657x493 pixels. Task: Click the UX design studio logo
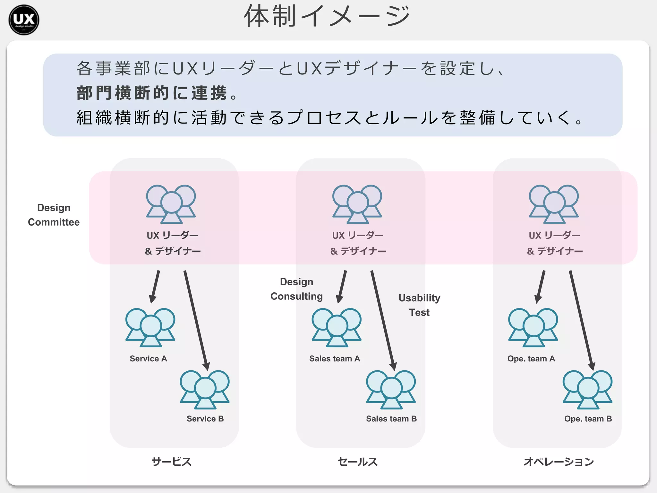pyautogui.click(x=24, y=20)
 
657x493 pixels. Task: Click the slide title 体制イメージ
pyautogui.click(x=327, y=16)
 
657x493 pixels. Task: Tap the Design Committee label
pyautogui.click(x=54, y=215)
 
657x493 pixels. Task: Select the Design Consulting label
pyautogui.click(x=296, y=289)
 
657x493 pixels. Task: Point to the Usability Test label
pyautogui.click(x=419, y=305)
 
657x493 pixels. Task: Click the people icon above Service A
pyautogui.click(x=150, y=327)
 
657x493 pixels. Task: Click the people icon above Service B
pyautogui.click(x=205, y=389)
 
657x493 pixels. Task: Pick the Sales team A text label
pyautogui.click(x=335, y=359)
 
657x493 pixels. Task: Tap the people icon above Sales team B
pyautogui.click(x=391, y=389)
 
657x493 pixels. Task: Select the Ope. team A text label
pyautogui.click(x=531, y=359)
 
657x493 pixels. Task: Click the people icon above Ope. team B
pyautogui.click(x=587, y=389)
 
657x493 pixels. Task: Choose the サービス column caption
pyautogui.click(x=171, y=462)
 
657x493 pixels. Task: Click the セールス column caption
pyautogui.click(x=357, y=462)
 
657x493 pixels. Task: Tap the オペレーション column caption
pyautogui.click(x=559, y=462)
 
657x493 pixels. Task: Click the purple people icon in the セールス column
pyautogui.click(x=357, y=204)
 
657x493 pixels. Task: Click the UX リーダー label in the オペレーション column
pyautogui.click(x=554, y=235)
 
